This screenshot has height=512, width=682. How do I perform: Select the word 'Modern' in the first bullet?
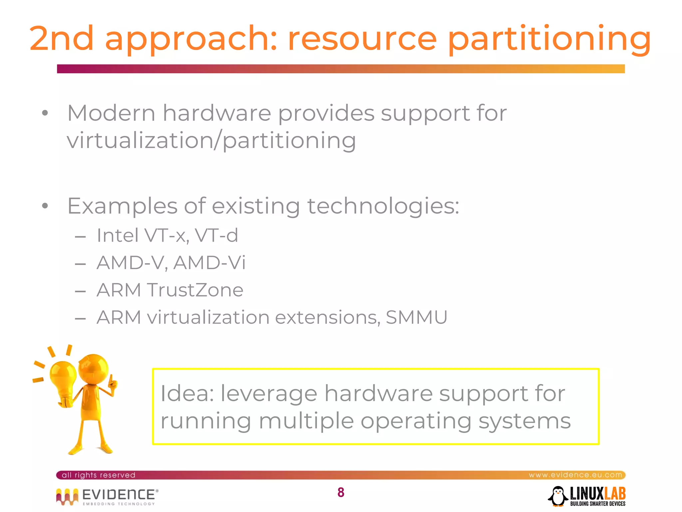click(x=111, y=113)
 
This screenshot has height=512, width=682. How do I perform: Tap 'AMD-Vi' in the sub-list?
click(x=209, y=263)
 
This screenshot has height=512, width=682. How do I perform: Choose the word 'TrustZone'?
click(x=195, y=290)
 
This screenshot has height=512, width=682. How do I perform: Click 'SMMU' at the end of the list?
click(x=416, y=317)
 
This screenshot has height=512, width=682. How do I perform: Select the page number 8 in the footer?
click(x=341, y=492)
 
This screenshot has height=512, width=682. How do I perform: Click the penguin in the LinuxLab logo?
click(x=558, y=496)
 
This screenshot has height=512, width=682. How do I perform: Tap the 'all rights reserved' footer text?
click(x=99, y=475)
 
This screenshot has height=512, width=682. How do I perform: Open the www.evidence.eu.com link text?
click(x=575, y=475)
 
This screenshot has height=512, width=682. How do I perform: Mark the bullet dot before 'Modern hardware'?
click(x=45, y=113)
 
